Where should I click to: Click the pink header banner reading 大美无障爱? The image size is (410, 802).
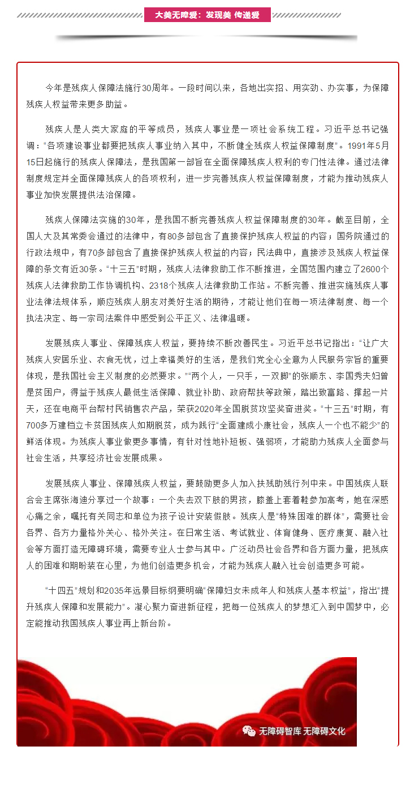207,15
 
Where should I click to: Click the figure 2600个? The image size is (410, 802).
374,268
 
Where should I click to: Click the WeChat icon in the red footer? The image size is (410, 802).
249,731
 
